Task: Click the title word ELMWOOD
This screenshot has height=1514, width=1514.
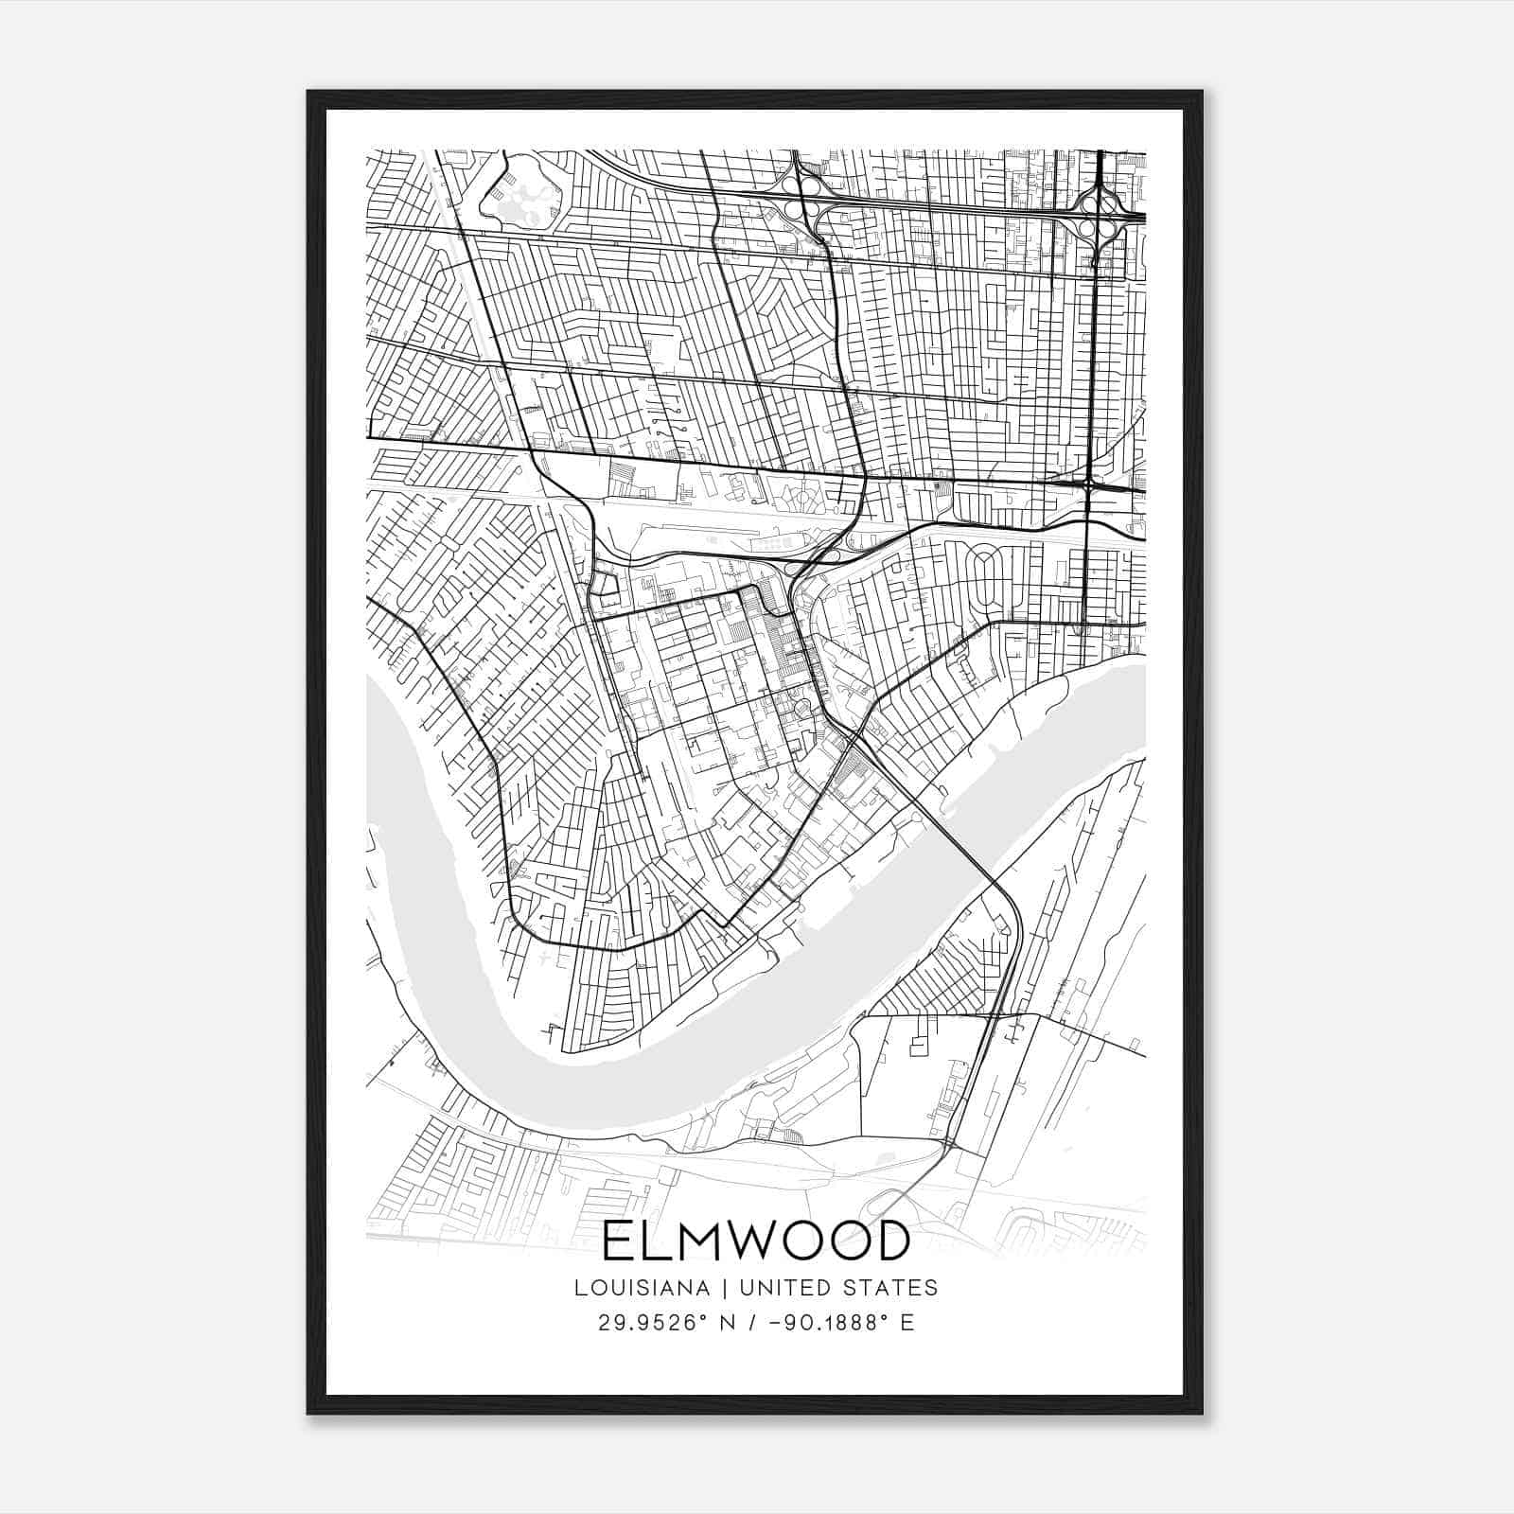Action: coord(755,1242)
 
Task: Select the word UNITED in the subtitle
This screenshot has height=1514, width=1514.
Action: coord(782,1288)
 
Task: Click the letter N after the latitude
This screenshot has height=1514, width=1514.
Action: coord(728,1323)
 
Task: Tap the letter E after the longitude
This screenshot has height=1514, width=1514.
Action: coord(907,1323)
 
